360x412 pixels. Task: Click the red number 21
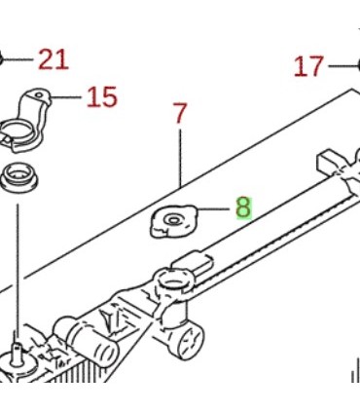pyautogui.click(x=54, y=59)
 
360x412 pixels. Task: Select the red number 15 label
pyautogui.click(x=102, y=96)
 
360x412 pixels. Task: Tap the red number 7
pyautogui.click(x=180, y=113)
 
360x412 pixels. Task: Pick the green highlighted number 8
pyautogui.click(x=243, y=207)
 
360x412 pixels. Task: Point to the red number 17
pyautogui.click(x=308, y=66)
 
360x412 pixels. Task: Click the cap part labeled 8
pyautogui.click(x=173, y=221)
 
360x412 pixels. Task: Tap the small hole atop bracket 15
pyautogui.click(x=39, y=95)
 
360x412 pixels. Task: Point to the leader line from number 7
pyautogui.click(x=180, y=158)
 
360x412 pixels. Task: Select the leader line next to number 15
pyautogui.click(x=66, y=97)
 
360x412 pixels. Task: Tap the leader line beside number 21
pyautogui.click(x=18, y=59)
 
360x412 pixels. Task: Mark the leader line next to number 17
pyautogui.click(x=343, y=66)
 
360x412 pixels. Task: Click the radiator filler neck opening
pyautogui.click(x=173, y=280)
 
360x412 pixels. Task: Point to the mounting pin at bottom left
pyautogui.click(x=17, y=349)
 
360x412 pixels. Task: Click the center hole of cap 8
pyautogui.click(x=174, y=220)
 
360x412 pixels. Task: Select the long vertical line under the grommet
pyautogui.click(x=18, y=270)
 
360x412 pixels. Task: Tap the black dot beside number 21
pyautogui.click(x=1, y=59)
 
